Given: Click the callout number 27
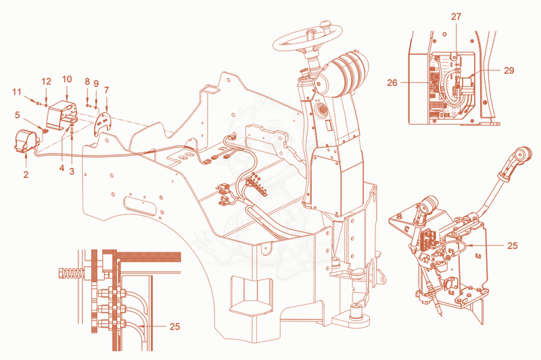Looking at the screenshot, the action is click(456, 16).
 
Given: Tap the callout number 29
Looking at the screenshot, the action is click(509, 70).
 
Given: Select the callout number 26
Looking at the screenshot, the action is click(392, 83).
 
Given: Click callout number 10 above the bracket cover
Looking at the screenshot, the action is click(67, 79).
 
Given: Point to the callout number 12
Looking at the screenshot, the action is click(46, 81).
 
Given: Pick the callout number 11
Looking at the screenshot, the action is click(17, 92).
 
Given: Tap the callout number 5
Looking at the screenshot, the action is click(18, 114).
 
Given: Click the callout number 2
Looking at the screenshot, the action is click(26, 175).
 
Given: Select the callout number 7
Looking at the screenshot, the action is click(107, 91).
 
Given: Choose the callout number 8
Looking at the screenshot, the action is click(87, 81).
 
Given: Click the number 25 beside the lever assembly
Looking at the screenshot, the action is click(513, 246).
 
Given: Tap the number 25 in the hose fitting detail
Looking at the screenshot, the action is click(175, 326).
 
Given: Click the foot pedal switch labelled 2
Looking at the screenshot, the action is click(26, 141).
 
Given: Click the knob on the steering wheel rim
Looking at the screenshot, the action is click(326, 25).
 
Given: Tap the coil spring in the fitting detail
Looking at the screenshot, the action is click(73, 273).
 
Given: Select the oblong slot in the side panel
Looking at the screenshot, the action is click(140, 206).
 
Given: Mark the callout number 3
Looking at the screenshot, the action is click(72, 171).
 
